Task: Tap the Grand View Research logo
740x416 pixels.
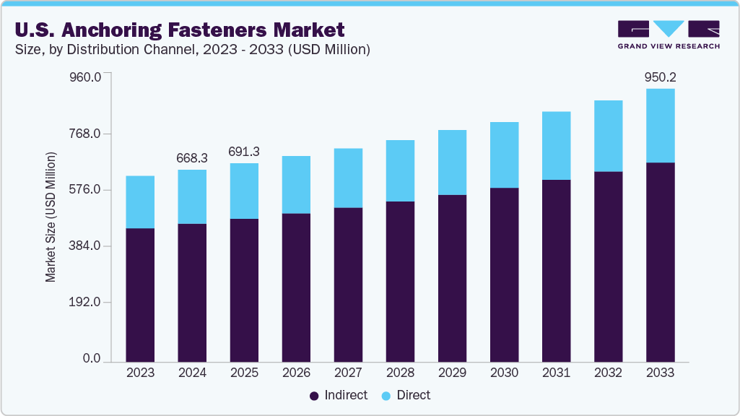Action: pos(669,35)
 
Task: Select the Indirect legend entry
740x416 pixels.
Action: pos(339,395)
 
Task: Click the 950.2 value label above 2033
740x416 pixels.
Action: pos(660,77)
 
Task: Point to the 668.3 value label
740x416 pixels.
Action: pos(192,158)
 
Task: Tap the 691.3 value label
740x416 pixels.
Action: pos(244,152)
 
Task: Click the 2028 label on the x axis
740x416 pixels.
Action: pos(400,373)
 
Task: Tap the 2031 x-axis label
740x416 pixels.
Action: pos(556,373)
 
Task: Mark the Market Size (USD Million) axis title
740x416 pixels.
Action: pos(51,217)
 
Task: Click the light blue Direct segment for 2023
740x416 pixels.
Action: pos(140,202)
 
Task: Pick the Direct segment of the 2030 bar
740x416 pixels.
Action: pos(504,155)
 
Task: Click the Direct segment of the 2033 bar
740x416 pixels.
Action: pos(660,126)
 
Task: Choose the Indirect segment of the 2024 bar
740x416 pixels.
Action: pos(192,292)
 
